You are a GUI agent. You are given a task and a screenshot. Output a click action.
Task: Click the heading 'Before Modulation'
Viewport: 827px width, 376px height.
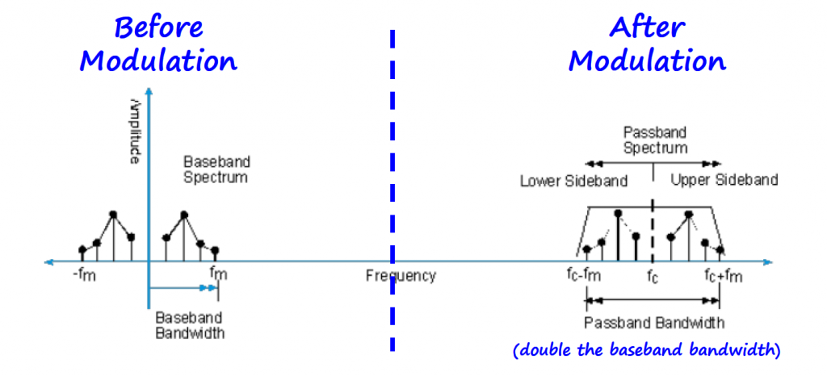158,44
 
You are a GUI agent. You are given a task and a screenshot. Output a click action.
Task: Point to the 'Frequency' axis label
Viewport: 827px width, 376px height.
401,276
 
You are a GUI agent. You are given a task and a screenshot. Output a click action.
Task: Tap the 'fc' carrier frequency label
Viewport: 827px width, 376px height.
653,277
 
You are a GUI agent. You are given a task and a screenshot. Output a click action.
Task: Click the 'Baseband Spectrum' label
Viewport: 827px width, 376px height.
215,169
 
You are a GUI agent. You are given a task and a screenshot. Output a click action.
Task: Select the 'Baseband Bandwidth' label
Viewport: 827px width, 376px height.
190,324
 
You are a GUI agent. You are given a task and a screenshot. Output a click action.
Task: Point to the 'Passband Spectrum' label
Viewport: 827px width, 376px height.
655,140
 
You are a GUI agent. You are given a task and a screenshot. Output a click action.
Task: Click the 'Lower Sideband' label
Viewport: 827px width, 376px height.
573,181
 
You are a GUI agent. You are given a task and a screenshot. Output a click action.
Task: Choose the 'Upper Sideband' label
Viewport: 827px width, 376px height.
724,180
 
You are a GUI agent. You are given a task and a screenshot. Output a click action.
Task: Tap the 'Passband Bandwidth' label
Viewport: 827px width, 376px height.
654,323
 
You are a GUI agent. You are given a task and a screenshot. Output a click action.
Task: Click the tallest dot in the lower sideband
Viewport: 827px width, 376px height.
618,213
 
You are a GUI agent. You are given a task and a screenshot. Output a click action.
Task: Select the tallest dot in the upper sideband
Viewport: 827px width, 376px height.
689,214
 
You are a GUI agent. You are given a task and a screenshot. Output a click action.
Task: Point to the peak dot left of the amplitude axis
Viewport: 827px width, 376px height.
113,215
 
